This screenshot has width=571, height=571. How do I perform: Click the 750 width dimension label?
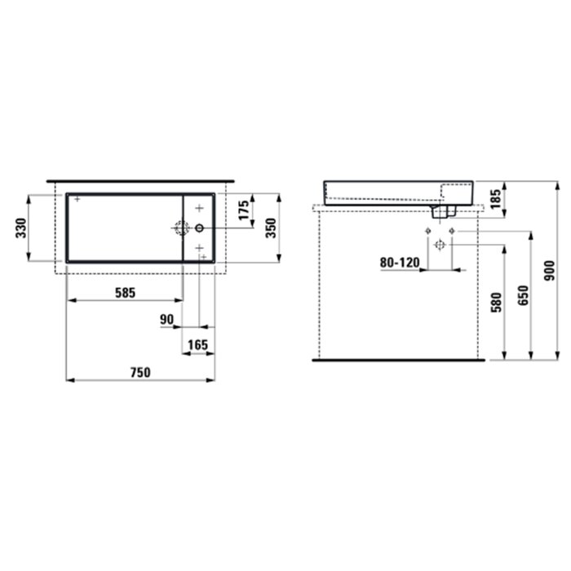(140, 373)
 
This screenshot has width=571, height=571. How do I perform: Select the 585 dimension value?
(126, 293)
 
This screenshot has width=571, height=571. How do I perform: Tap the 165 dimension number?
(197, 345)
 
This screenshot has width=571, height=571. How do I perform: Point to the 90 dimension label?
(166, 320)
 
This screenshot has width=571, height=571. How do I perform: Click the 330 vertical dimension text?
(21, 228)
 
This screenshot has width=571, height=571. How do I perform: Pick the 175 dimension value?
(244, 210)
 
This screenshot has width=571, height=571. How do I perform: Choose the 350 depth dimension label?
(271, 228)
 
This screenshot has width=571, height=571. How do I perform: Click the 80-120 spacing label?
(400, 262)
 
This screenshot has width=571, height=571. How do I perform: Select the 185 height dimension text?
(496, 199)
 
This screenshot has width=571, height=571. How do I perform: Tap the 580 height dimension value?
(496, 303)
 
